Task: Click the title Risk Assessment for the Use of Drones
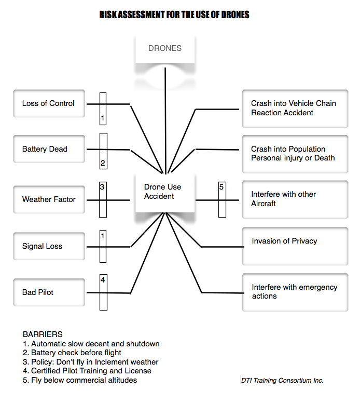pyautogui.click(x=174, y=15)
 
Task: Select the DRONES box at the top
pyautogui.click(x=165, y=49)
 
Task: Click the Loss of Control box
pyautogui.click(x=48, y=103)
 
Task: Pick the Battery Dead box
pyautogui.click(x=48, y=149)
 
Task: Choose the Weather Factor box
pyautogui.click(x=48, y=199)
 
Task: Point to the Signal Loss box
pyautogui.click(x=48, y=246)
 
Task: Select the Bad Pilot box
pyautogui.click(x=48, y=292)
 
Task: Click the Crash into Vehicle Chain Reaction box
pyautogui.click(x=295, y=108)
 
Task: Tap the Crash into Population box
pyautogui.click(x=295, y=154)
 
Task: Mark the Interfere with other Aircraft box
pyautogui.click(x=295, y=199)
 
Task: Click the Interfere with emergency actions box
pyautogui.click(x=295, y=292)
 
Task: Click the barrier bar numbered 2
pyautogui.click(x=103, y=151)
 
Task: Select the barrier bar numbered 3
pyautogui.click(x=103, y=199)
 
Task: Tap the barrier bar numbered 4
pyautogui.click(x=103, y=292)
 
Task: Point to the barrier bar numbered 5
pyautogui.click(x=222, y=199)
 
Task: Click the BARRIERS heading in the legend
pyautogui.click(x=43, y=334)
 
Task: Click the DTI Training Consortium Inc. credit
pyautogui.click(x=282, y=381)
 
